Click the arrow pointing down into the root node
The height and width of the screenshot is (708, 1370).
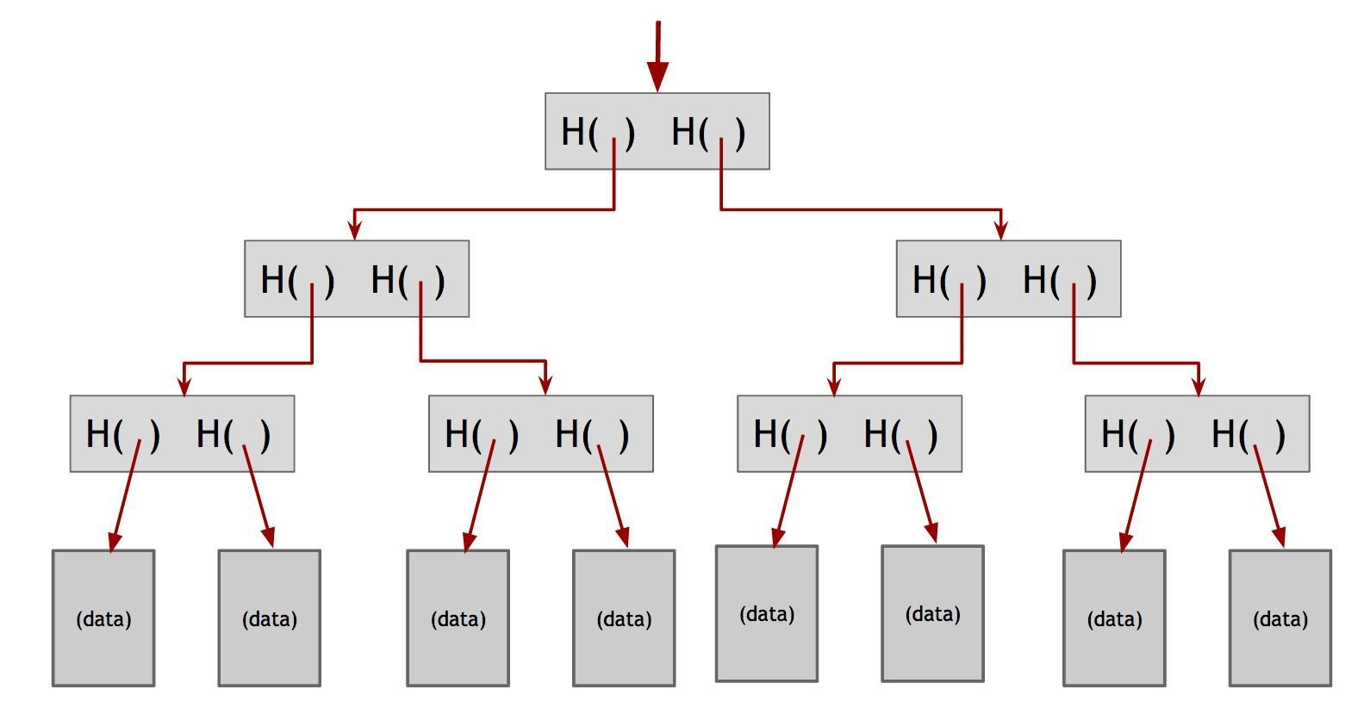click(657, 57)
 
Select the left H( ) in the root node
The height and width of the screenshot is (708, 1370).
click(598, 132)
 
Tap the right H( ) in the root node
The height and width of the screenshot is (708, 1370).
click(708, 132)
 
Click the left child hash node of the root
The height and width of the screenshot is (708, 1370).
click(357, 279)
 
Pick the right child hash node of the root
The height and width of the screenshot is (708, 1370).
click(1008, 279)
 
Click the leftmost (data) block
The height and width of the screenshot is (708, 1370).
click(103, 618)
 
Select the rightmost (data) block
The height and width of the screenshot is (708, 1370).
click(1280, 618)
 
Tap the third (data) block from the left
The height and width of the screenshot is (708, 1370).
click(458, 618)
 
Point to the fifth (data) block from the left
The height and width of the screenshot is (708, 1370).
click(767, 613)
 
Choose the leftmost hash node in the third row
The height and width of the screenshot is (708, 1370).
click(182, 433)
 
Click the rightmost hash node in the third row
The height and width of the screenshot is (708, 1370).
click(1197, 433)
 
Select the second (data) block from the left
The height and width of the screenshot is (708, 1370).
click(269, 618)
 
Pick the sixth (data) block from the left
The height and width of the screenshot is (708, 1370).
click(932, 613)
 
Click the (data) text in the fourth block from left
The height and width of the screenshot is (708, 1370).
click(624, 619)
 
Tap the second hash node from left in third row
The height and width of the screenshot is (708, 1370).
click(541, 433)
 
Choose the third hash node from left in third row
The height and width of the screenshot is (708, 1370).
click(850, 433)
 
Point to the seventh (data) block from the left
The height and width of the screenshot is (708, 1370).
click(1114, 618)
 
